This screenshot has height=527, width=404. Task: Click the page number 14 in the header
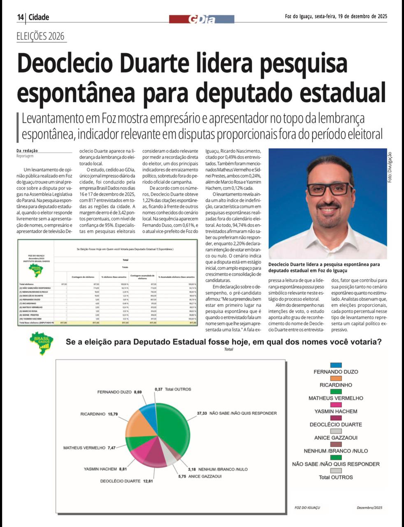coord(21,17)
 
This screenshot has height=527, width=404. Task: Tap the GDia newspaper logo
coord(202,19)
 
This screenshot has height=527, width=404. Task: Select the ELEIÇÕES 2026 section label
coord(41,36)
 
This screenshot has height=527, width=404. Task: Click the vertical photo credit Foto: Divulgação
coord(390,167)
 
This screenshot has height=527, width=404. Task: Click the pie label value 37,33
coord(202,413)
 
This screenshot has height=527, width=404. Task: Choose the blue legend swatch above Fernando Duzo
coord(336,365)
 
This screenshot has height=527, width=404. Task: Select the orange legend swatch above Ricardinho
coord(336,378)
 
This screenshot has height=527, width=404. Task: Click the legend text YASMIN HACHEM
coord(336,411)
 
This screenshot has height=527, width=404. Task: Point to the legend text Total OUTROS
coord(336,477)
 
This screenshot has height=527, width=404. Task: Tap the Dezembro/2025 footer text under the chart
coord(369,508)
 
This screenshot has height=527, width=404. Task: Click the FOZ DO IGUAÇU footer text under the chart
coord(307,508)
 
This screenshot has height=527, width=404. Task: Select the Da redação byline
coord(27,151)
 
